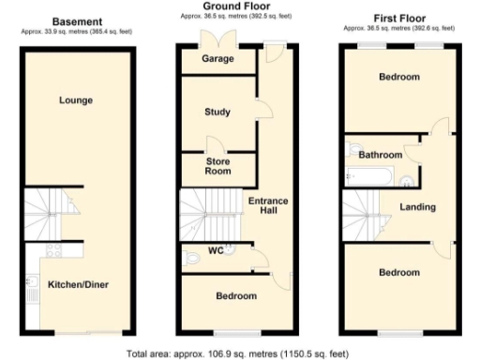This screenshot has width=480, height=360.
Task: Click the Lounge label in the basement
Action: [75, 99]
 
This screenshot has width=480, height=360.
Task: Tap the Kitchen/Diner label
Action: [75, 284]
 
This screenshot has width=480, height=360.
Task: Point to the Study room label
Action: [217, 112]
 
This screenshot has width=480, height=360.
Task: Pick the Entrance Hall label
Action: [268, 205]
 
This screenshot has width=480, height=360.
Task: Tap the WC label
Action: [215, 250]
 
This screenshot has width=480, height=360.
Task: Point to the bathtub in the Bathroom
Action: [360, 174]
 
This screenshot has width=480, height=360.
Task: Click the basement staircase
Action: [47, 213]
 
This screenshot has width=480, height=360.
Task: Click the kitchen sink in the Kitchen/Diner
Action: [32, 285]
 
